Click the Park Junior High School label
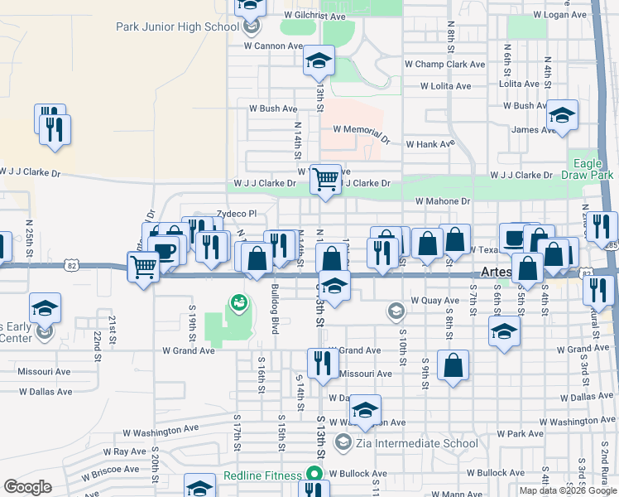[177, 27]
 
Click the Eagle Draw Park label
[593, 170]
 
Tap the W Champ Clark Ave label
[444, 64]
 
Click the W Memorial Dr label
[361, 131]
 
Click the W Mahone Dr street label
[442, 201]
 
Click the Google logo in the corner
[28, 487]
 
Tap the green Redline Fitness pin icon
[314, 475]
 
